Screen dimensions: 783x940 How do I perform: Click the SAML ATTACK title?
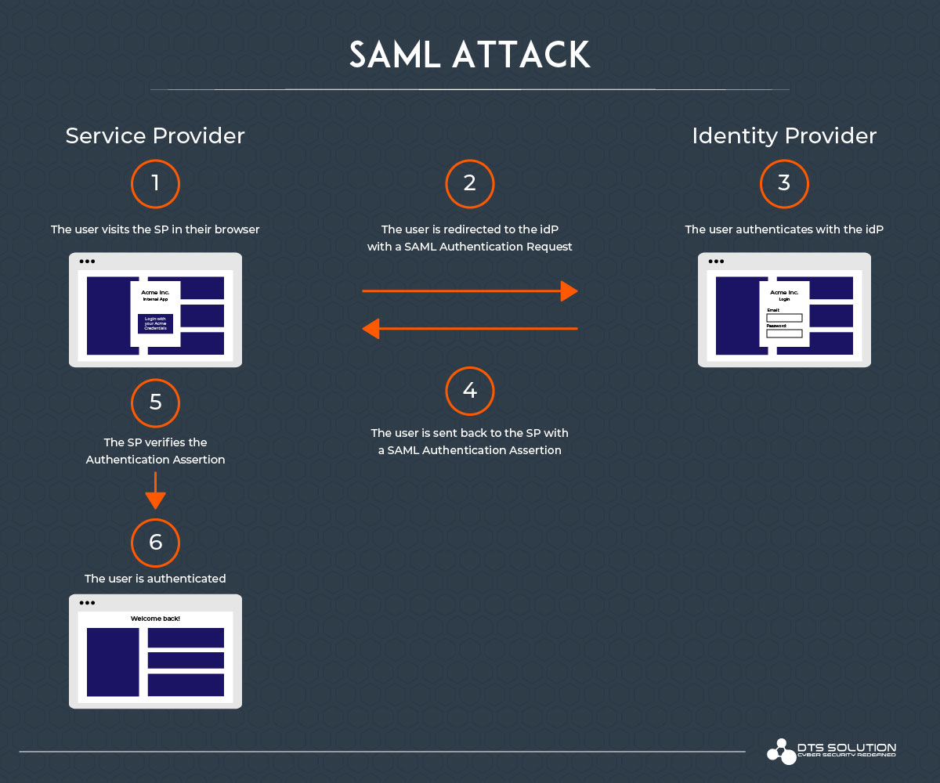[x=469, y=56]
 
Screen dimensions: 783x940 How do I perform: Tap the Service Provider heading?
[x=155, y=135]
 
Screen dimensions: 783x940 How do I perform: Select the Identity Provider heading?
[x=784, y=135]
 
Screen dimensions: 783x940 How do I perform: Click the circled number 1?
[x=155, y=184]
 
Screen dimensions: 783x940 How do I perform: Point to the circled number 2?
[x=470, y=184]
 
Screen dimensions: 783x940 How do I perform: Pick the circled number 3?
[x=784, y=184]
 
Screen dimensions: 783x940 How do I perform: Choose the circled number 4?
[x=470, y=390]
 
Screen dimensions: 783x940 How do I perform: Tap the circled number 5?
[x=155, y=402]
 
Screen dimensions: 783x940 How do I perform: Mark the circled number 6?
[x=155, y=542]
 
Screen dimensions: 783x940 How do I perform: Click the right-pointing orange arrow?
[x=469, y=291]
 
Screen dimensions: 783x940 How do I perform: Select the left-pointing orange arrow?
[x=469, y=329]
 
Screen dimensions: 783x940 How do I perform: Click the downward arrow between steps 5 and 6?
[x=155, y=493]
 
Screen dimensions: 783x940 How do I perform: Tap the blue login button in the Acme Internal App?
[x=155, y=323]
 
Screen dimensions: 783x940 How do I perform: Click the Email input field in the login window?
[x=784, y=318]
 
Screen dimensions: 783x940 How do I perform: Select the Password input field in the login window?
[x=784, y=334]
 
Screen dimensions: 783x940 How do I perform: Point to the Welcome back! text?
[x=155, y=619]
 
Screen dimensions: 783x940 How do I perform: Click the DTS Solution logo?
[x=831, y=751]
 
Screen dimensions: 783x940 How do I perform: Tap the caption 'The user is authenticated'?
[x=155, y=579]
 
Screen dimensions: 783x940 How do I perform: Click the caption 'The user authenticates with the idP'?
[x=784, y=229]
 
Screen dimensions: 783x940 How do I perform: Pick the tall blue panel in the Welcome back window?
[x=113, y=662]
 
